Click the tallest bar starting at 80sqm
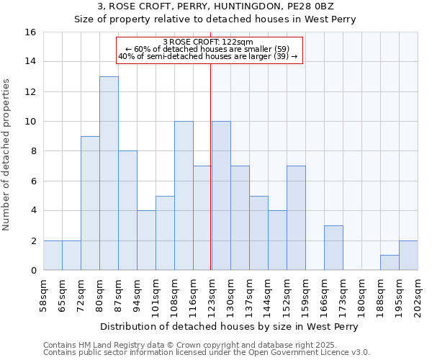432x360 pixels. point(109,173)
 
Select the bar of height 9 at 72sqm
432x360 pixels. point(90,203)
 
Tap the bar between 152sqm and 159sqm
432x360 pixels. point(296,218)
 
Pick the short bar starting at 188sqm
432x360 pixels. point(390,263)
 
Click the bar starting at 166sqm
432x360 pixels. point(333,248)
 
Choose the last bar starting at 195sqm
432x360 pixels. point(408,256)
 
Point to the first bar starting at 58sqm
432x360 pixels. point(53,256)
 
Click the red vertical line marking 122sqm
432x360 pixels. point(210,180)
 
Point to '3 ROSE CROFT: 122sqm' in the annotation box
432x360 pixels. point(208,42)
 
